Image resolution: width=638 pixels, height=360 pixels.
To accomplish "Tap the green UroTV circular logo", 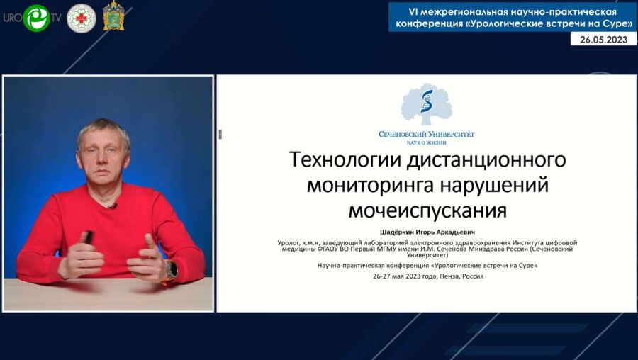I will (36, 18).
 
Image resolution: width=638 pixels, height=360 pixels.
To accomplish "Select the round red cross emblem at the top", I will (81, 18).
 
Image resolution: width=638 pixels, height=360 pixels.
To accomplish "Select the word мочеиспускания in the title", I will (427, 210).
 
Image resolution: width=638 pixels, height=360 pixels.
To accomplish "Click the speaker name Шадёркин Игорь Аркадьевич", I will (427, 230).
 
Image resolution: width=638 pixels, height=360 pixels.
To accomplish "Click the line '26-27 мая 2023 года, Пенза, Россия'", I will (427, 276).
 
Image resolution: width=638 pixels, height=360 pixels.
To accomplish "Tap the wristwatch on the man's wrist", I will (172, 269).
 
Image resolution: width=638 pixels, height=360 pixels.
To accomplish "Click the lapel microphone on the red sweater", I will (112, 206).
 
